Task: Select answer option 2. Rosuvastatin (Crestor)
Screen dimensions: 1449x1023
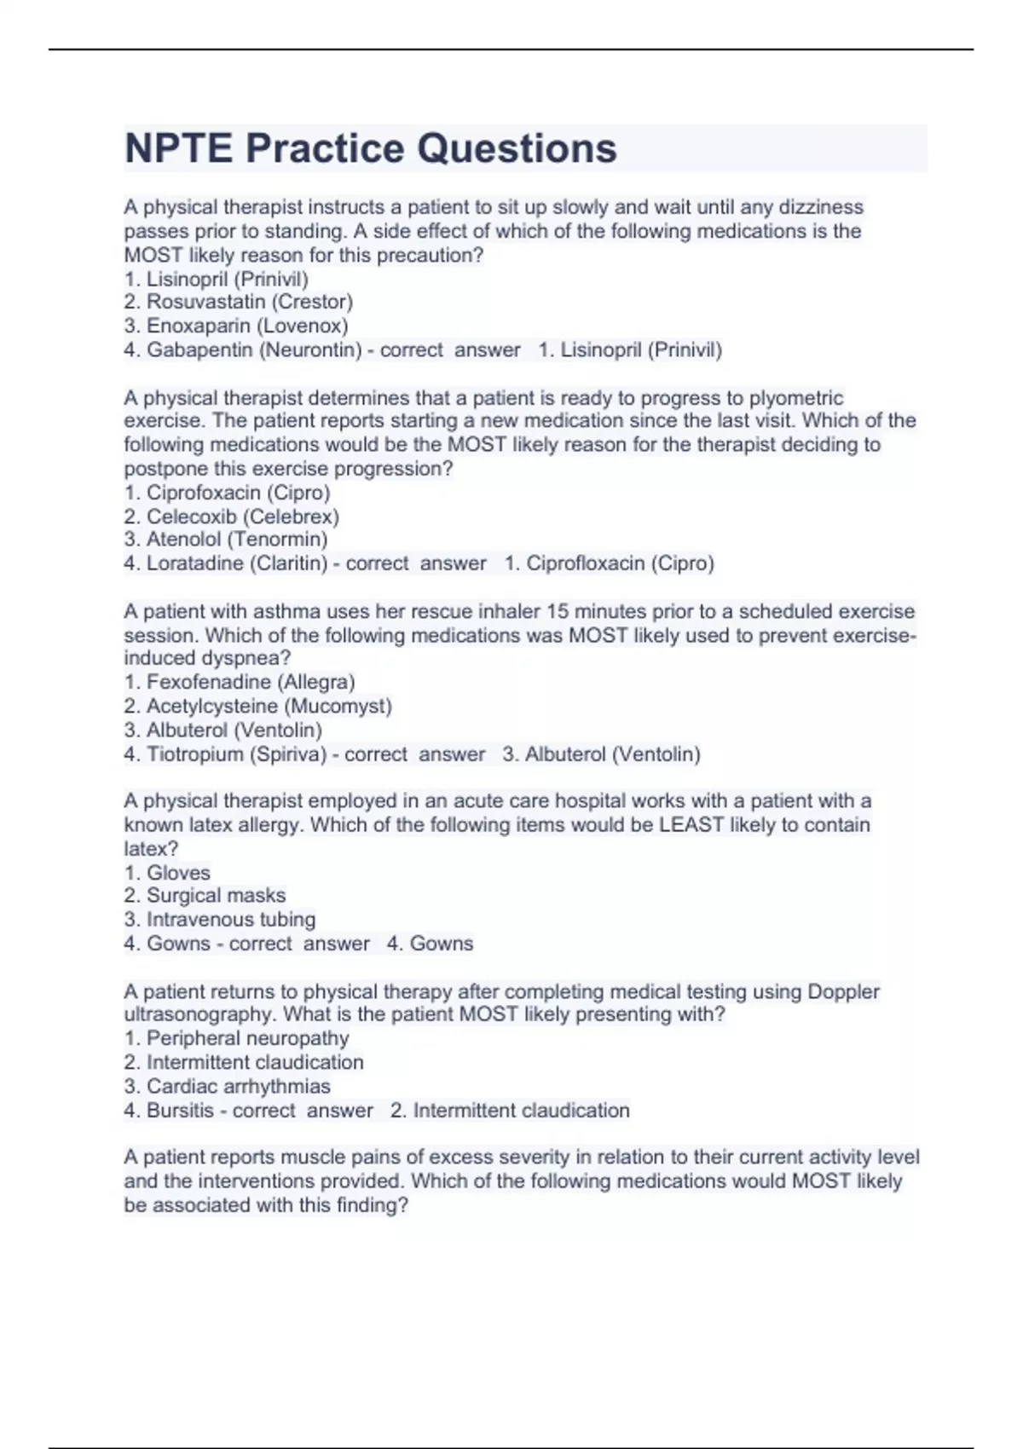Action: [238, 302]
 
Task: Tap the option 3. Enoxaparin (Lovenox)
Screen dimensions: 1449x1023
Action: [236, 326]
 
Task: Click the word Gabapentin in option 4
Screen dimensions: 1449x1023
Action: [199, 349]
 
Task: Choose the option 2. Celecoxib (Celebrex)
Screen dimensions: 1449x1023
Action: [231, 517]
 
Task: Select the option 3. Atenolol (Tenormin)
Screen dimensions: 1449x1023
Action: [226, 540]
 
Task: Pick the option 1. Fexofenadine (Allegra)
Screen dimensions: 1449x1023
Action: [240, 682]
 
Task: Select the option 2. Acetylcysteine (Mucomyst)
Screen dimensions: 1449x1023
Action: [257, 706]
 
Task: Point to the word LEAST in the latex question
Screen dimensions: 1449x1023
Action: [691, 825]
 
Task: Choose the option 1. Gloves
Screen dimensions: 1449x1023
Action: [167, 873]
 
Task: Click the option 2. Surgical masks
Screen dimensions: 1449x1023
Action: [205, 896]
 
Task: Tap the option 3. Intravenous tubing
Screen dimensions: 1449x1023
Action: [220, 920]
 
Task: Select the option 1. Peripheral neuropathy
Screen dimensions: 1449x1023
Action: [236, 1038]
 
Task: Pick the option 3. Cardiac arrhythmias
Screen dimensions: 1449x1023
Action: [227, 1087]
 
